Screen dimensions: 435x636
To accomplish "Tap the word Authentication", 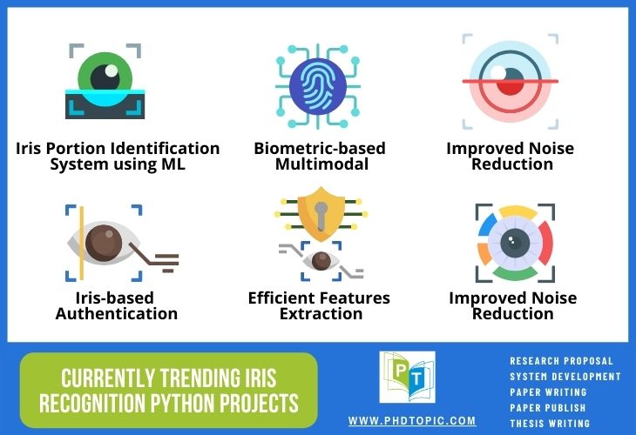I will point(117,313).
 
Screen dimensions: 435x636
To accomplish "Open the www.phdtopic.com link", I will point(413,420).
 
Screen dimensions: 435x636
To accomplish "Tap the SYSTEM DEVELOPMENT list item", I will point(565,377).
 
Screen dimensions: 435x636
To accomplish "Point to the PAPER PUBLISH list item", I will point(549,408).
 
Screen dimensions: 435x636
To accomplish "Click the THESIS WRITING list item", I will point(550,424).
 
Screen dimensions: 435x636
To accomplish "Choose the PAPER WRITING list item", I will point(549,392).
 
